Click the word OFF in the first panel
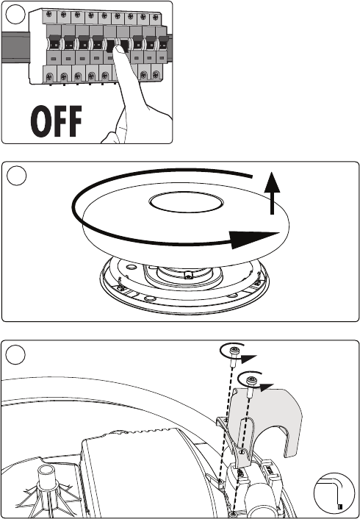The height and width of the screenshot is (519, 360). (x=56, y=121)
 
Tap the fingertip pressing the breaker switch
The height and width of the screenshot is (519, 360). (x=119, y=50)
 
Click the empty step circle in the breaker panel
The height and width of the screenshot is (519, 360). (x=15, y=15)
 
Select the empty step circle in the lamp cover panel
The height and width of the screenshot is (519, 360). (x=17, y=176)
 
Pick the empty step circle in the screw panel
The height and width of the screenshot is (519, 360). (x=15, y=355)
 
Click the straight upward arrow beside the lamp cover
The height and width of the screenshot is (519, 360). (x=272, y=193)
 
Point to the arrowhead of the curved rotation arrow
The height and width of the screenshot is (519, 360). (x=254, y=240)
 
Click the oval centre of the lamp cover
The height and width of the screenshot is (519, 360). (x=186, y=202)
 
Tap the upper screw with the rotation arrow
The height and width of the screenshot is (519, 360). (x=234, y=354)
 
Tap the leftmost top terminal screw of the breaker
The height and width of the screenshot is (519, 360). (x=50, y=14)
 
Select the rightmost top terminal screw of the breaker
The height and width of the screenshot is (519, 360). (x=155, y=17)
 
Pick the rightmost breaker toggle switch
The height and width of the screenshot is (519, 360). (x=162, y=43)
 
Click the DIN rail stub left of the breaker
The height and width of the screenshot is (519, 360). (x=15, y=47)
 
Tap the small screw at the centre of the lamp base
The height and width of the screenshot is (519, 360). (x=188, y=276)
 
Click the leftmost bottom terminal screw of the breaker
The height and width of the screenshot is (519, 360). (x=49, y=77)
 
